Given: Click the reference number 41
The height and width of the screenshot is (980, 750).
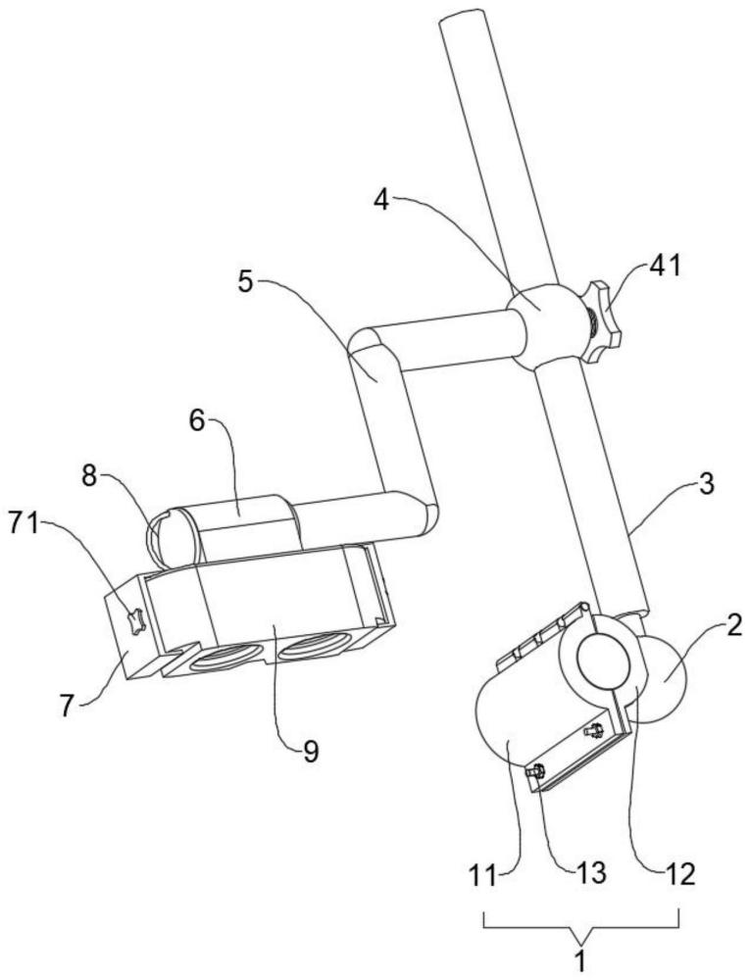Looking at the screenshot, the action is pos(665,265).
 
